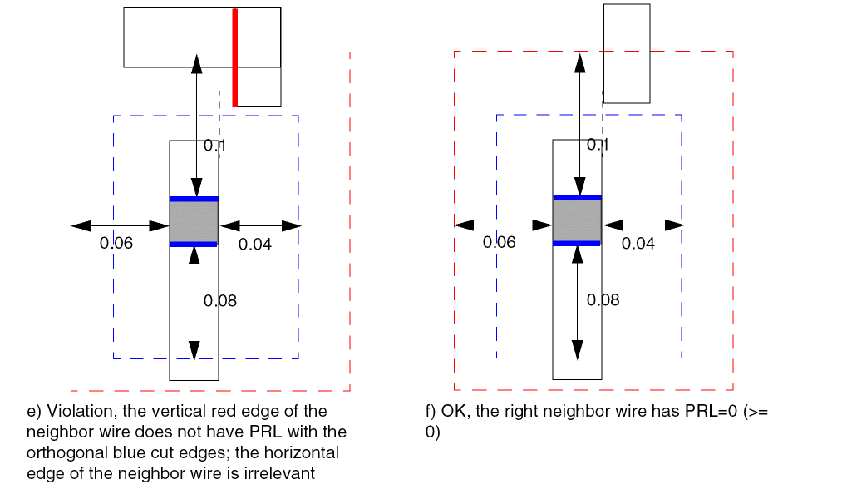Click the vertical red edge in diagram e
(x=235, y=57)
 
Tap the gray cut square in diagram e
(x=194, y=222)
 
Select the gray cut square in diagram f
(x=577, y=220)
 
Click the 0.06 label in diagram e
(x=116, y=243)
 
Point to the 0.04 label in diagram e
(x=255, y=244)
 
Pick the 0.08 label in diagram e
(x=220, y=301)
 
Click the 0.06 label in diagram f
(x=500, y=242)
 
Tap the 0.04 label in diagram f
(x=638, y=244)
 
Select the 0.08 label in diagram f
(x=603, y=300)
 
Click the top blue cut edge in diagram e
(x=194, y=199)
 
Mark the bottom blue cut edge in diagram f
(x=577, y=243)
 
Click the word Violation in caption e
(x=76, y=412)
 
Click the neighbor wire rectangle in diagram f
(x=627, y=53)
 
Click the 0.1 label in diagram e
(x=215, y=145)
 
